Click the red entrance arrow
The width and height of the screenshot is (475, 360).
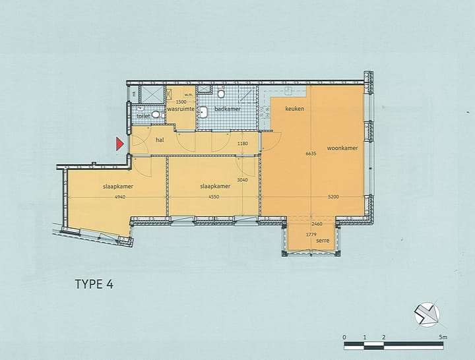(120, 144)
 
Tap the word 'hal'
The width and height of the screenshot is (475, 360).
(160, 140)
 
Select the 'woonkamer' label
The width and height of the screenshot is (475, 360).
(342, 148)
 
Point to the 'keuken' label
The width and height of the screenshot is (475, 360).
(294, 108)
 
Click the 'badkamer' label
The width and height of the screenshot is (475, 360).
(227, 108)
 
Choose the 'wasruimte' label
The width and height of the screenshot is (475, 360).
(180, 108)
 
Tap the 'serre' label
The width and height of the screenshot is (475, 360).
(323, 241)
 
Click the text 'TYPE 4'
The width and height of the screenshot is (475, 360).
(94, 285)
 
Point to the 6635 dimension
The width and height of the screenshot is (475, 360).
(311, 154)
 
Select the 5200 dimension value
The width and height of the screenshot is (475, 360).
(333, 196)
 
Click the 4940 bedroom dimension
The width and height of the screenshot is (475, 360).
(119, 197)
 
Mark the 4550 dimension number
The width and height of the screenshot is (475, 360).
(215, 197)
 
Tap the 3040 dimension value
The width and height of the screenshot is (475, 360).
(242, 179)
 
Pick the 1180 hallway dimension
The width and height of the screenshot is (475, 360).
(242, 144)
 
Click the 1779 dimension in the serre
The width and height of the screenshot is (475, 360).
(311, 235)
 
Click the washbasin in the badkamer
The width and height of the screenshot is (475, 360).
(204, 111)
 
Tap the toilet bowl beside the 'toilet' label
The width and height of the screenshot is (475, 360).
(156, 114)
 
